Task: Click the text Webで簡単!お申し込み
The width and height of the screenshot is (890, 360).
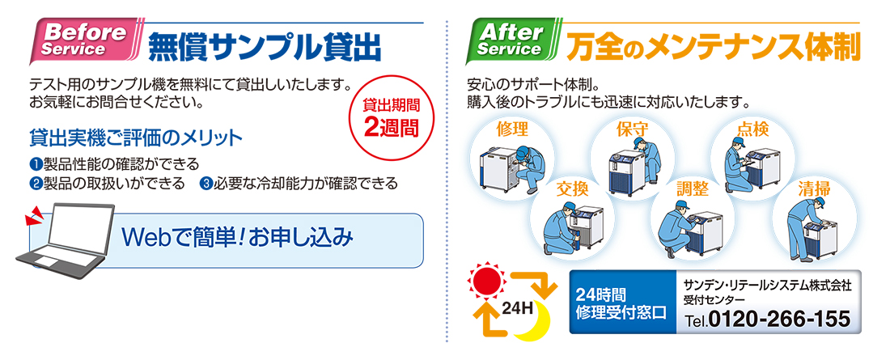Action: click(x=238, y=237)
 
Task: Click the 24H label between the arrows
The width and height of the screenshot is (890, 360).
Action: click(x=517, y=310)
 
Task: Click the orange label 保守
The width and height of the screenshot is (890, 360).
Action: click(x=633, y=129)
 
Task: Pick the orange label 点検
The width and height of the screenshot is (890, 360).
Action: click(x=753, y=129)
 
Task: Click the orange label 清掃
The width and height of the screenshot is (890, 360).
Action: click(x=814, y=188)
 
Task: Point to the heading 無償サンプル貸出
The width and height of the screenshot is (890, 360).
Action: click(x=264, y=47)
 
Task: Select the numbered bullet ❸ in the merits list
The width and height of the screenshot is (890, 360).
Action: click(x=206, y=184)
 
